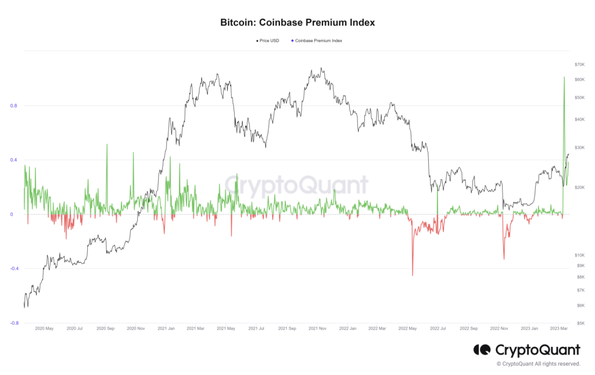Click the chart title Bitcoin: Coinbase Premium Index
(x=297, y=23)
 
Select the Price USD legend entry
(x=268, y=41)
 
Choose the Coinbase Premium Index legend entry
(x=317, y=41)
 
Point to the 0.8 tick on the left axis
(x=13, y=106)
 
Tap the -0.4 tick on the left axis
(x=13, y=269)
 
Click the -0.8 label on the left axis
(x=13, y=323)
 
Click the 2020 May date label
(x=44, y=328)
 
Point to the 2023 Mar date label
(x=560, y=328)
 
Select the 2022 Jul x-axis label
(x=438, y=328)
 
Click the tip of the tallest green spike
(x=564, y=77)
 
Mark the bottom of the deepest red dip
(x=413, y=276)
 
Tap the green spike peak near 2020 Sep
(x=107, y=144)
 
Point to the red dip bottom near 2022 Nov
(x=504, y=259)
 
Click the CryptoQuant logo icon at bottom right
(x=482, y=350)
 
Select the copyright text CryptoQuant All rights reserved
(x=538, y=364)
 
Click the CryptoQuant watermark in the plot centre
(x=296, y=185)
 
